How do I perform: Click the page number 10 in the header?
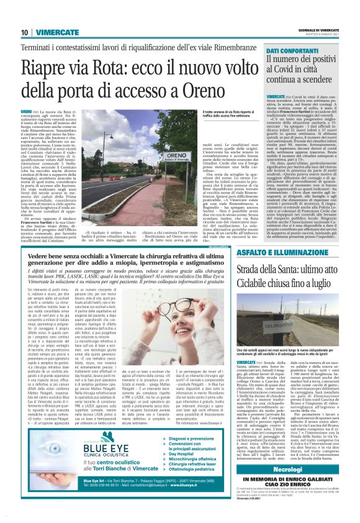tap(24, 33)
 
